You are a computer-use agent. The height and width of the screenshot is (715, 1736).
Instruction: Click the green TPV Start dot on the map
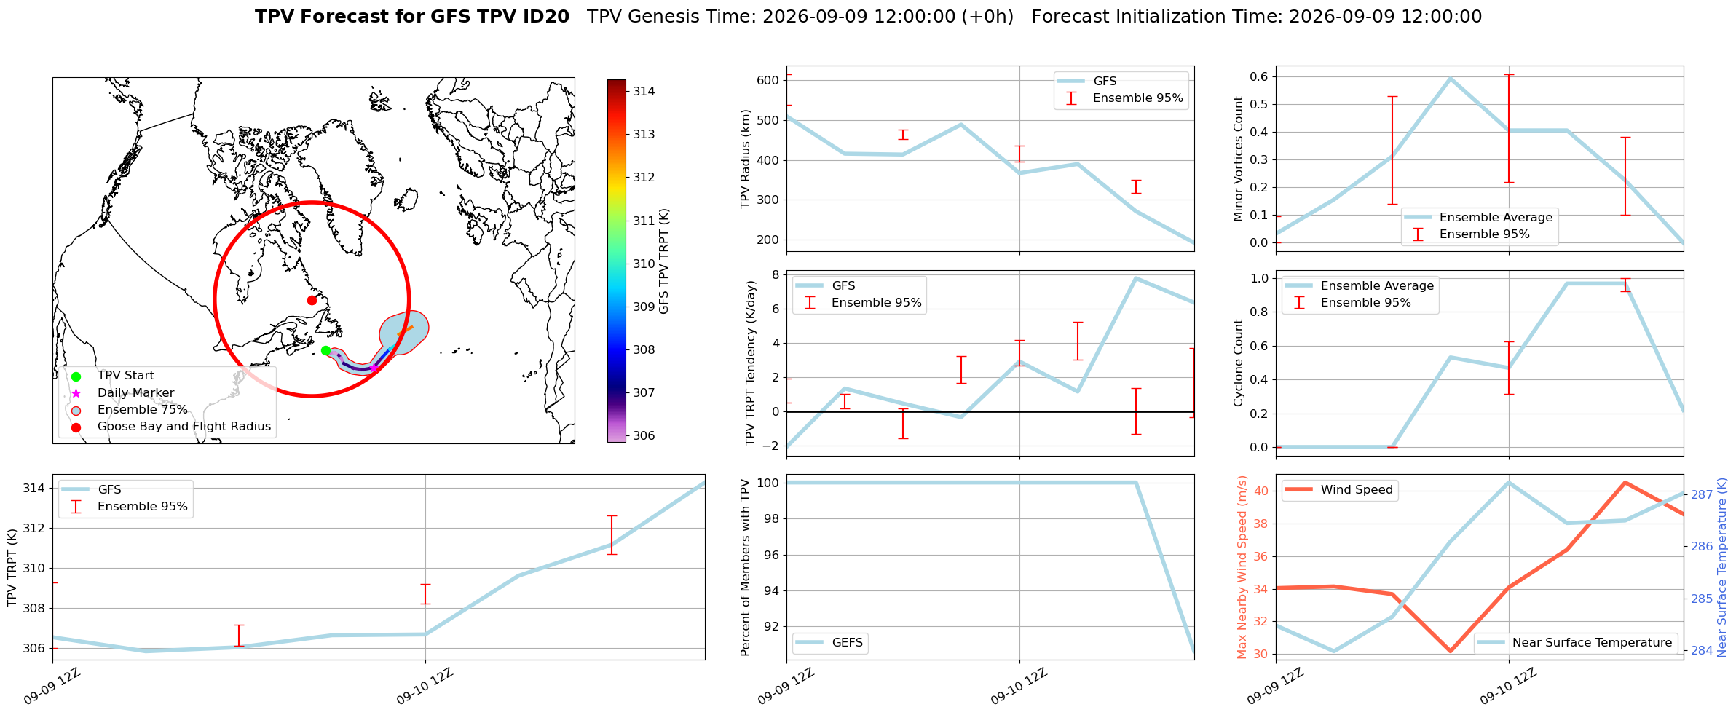coord(325,351)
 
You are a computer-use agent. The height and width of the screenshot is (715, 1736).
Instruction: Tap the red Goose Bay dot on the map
coord(312,300)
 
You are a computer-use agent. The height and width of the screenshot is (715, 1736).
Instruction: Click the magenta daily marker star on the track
coord(374,368)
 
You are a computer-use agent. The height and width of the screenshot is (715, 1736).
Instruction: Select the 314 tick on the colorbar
coord(644,91)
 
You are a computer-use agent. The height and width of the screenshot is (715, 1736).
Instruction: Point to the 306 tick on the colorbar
coord(644,435)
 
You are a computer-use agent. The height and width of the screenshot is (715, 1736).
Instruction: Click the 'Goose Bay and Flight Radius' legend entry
coord(184,427)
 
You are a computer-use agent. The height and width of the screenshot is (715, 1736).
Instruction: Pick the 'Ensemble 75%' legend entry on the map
coord(143,410)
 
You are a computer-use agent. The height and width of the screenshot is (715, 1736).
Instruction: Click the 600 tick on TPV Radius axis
coord(769,80)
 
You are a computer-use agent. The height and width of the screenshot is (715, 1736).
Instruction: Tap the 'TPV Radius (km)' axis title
coord(746,159)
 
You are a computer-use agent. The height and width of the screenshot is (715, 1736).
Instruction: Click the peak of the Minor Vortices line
coord(1451,78)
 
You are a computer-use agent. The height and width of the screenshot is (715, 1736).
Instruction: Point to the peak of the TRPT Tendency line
coord(1136,278)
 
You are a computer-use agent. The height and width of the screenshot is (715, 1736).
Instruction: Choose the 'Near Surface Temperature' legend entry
coord(1576,643)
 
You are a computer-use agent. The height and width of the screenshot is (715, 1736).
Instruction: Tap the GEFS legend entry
coord(830,643)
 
